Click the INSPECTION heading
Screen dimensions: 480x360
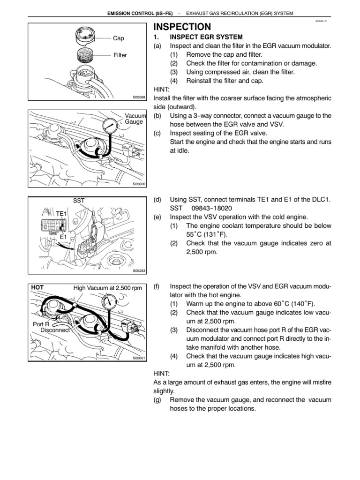[x=182, y=27]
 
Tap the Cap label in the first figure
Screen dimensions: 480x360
[x=119, y=38]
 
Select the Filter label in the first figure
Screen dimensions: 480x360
[x=120, y=55]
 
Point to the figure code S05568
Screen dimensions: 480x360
[x=139, y=97]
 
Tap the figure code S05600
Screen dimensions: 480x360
[x=139, y=184]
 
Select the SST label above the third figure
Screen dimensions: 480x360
[x=79, y=200]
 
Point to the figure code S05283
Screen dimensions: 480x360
[x=139, y=270]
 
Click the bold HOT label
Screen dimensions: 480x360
[x=38, y=287]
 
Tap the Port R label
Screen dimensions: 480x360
[x=41, y=324]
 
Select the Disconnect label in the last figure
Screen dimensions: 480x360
[x=55, y=330]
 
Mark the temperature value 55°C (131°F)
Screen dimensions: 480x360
[x=207, y=234]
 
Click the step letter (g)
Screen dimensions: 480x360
[x=157, y=400]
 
